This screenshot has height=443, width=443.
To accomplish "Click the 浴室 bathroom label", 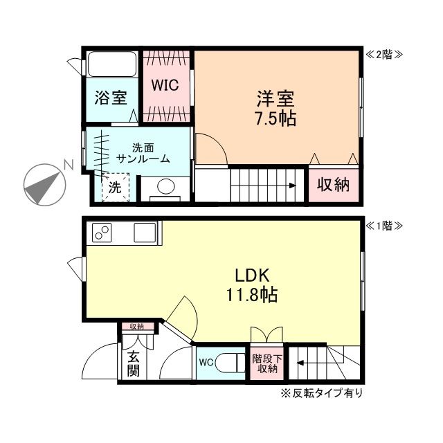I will [x=111, y=98].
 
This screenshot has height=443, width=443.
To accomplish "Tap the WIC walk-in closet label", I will [x=166, y=85].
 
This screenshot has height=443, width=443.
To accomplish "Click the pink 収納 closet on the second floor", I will [x=334, y=185].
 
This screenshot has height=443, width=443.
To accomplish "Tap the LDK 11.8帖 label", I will [x=251, y=284].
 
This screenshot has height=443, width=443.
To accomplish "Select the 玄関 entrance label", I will [x=133, y=364].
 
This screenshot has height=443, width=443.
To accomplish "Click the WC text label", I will [x=206, y=361].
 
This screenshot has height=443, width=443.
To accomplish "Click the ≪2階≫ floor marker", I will [x=383, y=54].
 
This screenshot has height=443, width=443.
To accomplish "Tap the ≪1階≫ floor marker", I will [x=383, y=226].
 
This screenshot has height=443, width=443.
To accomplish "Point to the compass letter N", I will [x=68, y=165].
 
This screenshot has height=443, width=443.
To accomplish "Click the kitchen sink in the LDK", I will [x=145, y=232].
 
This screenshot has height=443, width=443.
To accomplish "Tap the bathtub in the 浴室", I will [x=114, y=65].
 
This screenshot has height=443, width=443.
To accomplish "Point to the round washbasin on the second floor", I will [x=165, y=187].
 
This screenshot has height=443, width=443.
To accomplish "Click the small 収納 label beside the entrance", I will [x=136, y=327].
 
